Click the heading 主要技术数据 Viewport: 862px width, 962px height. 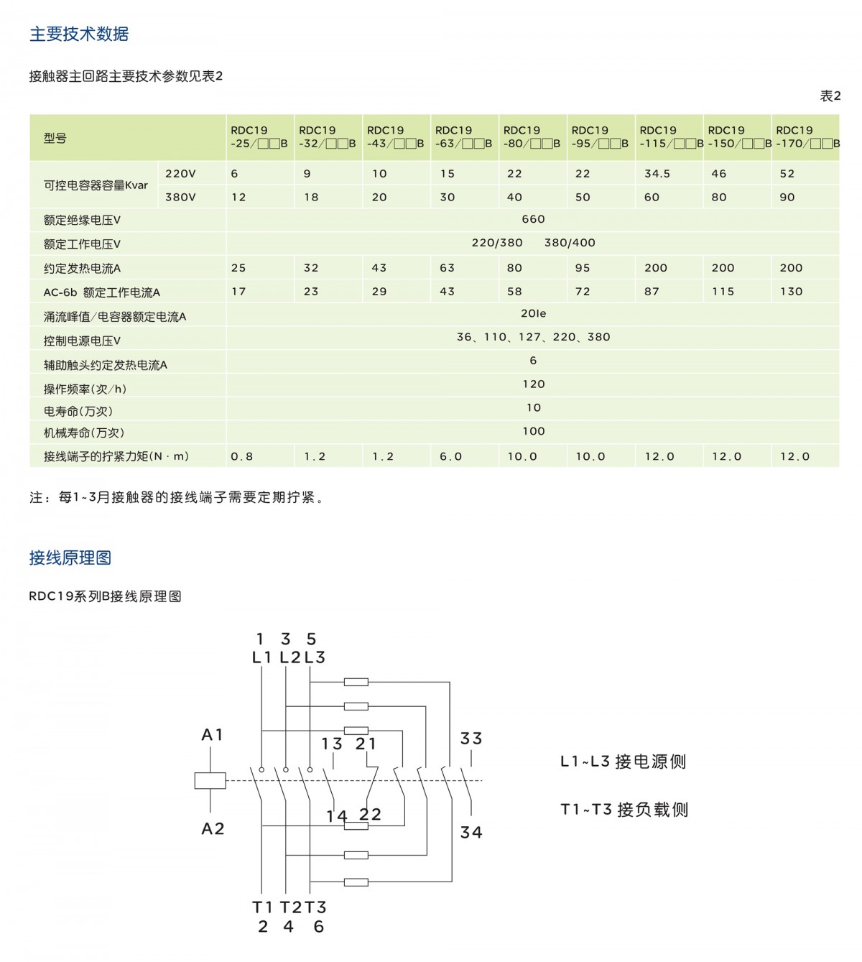[x=79, y=34]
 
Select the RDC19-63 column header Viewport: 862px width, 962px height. [x=463, y=137]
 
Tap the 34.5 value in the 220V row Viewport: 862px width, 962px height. [x=657, y=174]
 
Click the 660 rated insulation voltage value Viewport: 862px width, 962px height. [x=533, y=219]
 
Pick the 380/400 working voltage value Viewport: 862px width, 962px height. [x=570, y=243]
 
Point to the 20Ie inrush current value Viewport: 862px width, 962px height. [x=533, y=314]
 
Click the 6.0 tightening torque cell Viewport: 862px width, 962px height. [x=451, y=456]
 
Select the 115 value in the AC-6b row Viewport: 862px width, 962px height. [x=723, y=292]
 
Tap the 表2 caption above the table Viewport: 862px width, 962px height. [x=830, y=96]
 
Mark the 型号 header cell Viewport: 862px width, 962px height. [x=55, y=138]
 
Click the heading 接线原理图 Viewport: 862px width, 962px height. [x=70, y=558]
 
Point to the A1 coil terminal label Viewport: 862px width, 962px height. [x=213, y=735]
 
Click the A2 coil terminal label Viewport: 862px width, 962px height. [x=213, y=829]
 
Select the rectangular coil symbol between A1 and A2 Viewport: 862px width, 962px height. [x=210, y=781]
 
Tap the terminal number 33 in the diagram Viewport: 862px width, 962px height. [x=471, y=739]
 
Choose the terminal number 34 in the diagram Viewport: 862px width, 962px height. [x=471, y=833]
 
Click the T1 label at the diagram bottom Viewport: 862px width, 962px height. [x=262, y=907]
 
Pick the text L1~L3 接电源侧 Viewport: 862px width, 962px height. [x=623, y=762]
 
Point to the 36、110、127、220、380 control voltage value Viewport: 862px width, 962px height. [x=533, y=337]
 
